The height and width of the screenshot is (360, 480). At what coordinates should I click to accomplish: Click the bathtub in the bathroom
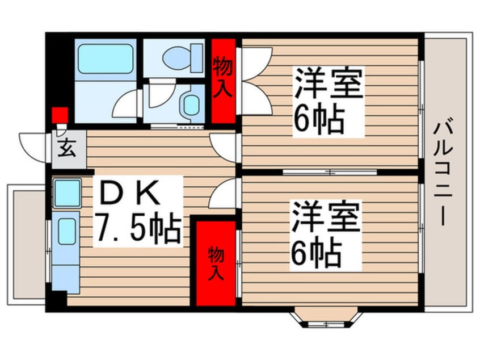[106, 59]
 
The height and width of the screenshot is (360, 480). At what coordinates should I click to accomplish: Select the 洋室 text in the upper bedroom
[329, 83]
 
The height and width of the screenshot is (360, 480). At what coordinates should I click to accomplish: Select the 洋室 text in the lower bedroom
[326, 216]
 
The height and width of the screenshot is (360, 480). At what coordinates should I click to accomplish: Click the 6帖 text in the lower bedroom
[317, 253]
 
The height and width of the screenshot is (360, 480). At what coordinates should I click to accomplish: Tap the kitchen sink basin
[67, 231]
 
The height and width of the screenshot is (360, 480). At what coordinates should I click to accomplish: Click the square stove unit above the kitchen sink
[67, 194]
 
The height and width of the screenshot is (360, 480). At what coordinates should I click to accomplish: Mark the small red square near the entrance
[60, 115]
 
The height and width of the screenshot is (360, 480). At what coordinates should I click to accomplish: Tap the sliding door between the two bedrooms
[330, 172]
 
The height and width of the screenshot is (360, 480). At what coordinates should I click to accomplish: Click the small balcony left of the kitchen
[27, 245]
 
